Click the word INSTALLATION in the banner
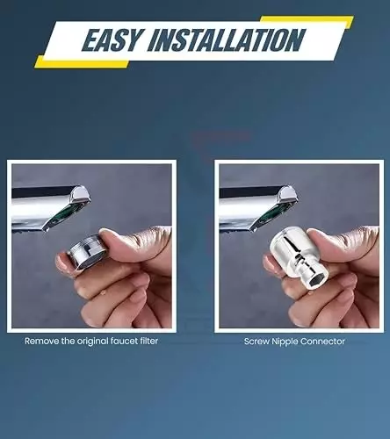coord(226,40)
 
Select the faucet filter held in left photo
coord(86,252)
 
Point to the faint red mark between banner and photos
coord(221,136)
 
